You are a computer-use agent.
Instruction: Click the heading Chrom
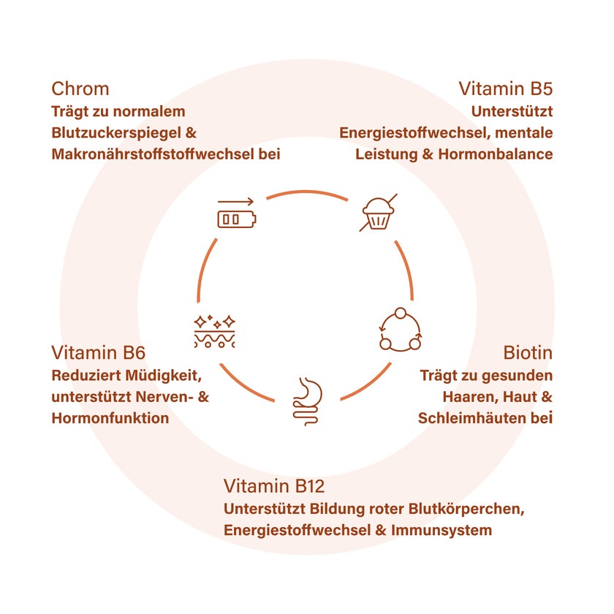pyautogui.click(x=80, y=89)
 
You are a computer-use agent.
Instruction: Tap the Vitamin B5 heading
pyautogui.click(x=506, y=89)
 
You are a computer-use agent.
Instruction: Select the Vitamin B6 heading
pyautogui.click(x=98, y=353)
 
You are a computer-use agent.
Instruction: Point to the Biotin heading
pyautogui.click(x=528, y=353)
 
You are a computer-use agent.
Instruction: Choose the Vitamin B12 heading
pyautogui.click(x=274, y=486)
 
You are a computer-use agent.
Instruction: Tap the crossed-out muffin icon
pyautogui.click(x=378, y=213)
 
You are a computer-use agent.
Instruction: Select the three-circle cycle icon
pyautogui.click(x=401, y=330)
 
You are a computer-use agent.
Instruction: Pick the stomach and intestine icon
pyautogui.click(x=308, y=401)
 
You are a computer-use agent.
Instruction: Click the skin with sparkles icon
pyautogui.click(x=215, y=332)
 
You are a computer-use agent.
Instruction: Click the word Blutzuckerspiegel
pyautogui.click(x=116, y=133)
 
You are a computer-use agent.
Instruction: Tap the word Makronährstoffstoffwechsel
pyautogui.click(x=153, y=154)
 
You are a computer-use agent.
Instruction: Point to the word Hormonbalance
pyautogui.click(x=496, y=154)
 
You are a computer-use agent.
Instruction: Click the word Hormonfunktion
pyautogui.click(x=110, y=418)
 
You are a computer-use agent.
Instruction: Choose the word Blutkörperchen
pyautogui.click(x=466, y=509)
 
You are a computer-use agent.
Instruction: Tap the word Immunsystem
pyautogui.click(x=441, y=531)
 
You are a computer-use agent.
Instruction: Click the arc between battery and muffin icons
pyautogui.click(x=307, y=192)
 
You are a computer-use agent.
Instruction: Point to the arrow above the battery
pyautogui.click(x=235, y=202)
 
